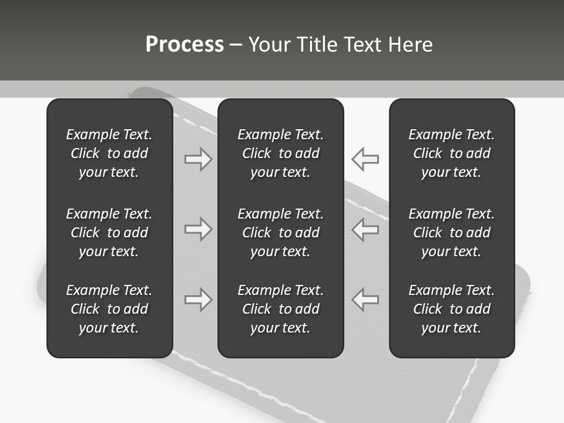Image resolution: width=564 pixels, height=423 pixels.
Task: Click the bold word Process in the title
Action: click(184, 45)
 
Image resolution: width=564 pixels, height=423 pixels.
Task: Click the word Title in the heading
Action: click(315, 45)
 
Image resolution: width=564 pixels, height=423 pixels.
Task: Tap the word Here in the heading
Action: click(410, 45)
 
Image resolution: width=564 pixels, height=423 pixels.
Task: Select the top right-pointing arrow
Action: click(199, 159)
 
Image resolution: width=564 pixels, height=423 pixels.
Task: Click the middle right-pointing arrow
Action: click(199, 229)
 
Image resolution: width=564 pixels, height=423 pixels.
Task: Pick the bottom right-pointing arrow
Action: click(199, 299)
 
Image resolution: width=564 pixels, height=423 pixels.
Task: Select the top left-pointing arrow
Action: click(365, 159)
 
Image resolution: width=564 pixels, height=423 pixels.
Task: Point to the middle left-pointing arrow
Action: click(365, 229)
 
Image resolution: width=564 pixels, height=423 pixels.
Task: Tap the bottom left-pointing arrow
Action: click(365, 299)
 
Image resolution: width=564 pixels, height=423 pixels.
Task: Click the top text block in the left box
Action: click(109, 153)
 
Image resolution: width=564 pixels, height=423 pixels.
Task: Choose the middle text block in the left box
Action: click(109, 233)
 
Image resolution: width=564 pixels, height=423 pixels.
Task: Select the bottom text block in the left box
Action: click(109, 309)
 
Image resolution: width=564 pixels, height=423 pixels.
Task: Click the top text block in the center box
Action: click(281, 153)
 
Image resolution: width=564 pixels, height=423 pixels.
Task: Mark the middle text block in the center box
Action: click(281, 233)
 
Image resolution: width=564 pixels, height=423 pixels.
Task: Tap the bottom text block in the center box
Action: click(281, 309)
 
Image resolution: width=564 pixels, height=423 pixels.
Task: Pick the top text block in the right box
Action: click(452, 153)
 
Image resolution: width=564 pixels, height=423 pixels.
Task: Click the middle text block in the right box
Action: click(452, 233)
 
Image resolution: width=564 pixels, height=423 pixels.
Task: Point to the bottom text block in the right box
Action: click(452, 309)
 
